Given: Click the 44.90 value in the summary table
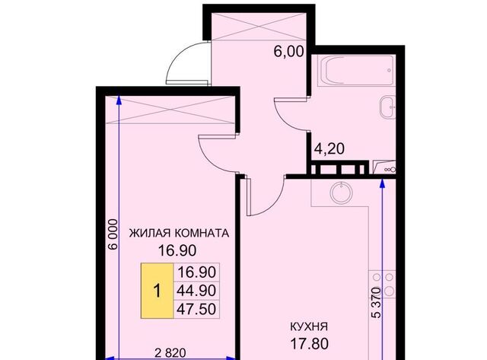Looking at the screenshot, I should tap(197, 291).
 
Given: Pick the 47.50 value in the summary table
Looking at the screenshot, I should tap(197, 309).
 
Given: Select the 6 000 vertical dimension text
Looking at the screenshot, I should tap(112, 237).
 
